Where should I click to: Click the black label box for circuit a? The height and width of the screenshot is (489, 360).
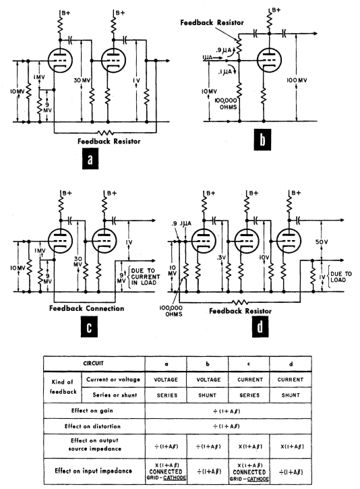coord(90,159)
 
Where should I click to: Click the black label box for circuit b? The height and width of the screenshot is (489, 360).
coord(262,140)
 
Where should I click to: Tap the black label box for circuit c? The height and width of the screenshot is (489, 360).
coord(89,326)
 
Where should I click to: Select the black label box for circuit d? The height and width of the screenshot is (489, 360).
coord(260,326)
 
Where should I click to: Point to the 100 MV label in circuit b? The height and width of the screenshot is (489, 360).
coord(297,80)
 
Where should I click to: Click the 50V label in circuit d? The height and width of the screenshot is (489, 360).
coord(322,242)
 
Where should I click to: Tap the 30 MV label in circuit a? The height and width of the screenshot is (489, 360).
coord(82,80)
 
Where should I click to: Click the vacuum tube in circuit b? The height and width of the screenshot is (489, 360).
coord(270,61)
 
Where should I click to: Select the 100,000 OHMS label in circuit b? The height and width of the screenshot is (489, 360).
coord(226,104)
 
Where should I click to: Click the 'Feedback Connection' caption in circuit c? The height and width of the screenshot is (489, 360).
coord(87,308)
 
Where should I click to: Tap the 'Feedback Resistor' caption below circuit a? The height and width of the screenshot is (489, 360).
coord(109,141)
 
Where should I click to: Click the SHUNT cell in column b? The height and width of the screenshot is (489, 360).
coord(207,395)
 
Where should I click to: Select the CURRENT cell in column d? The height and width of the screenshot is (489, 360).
coord(291,380)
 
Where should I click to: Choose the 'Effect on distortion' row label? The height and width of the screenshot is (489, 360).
coord(92,426)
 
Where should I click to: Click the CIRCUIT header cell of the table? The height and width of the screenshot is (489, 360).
coord(94,364)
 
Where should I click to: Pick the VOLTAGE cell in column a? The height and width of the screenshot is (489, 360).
coord(166,380)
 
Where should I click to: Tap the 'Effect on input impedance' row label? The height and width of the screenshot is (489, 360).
coord(93,471)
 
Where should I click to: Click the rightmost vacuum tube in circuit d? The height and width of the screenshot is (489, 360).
coord(289,241)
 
